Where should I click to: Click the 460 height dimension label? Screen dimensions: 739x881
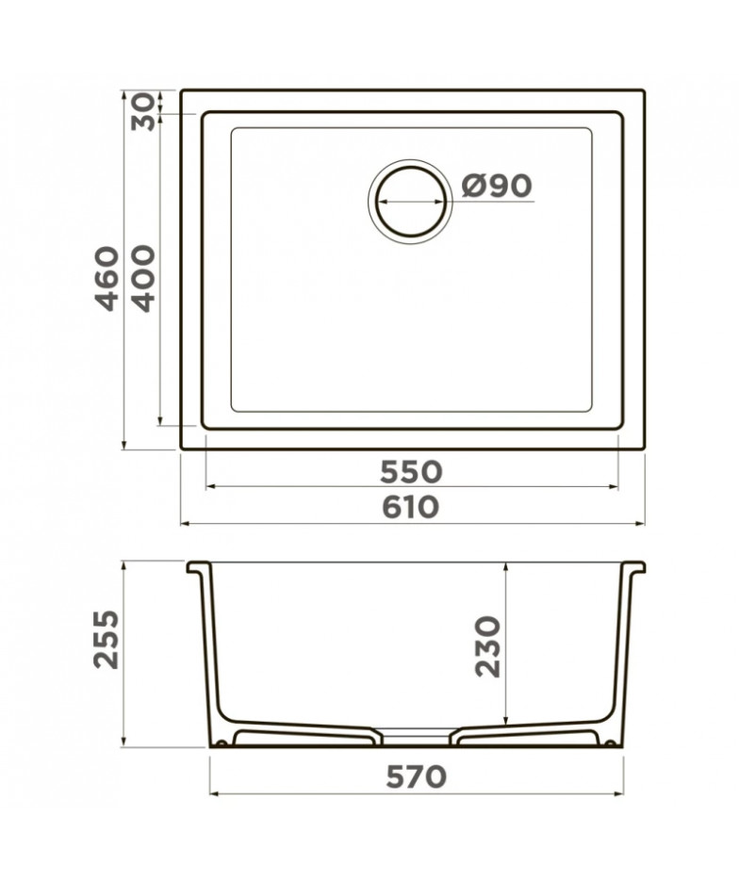tap(107, 278)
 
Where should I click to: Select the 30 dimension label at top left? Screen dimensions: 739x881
tap(142, 112)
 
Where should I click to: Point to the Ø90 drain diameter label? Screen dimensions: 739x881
tap(496, 186)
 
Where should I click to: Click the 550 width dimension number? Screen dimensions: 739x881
tap(411, 472)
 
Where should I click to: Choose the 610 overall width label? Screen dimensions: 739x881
tap(410, 507)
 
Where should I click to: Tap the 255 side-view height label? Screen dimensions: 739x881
tap(107, 639)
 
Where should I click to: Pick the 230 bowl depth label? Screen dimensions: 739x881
tap(487, 646)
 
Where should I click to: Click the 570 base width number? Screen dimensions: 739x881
tap(417, 777)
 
